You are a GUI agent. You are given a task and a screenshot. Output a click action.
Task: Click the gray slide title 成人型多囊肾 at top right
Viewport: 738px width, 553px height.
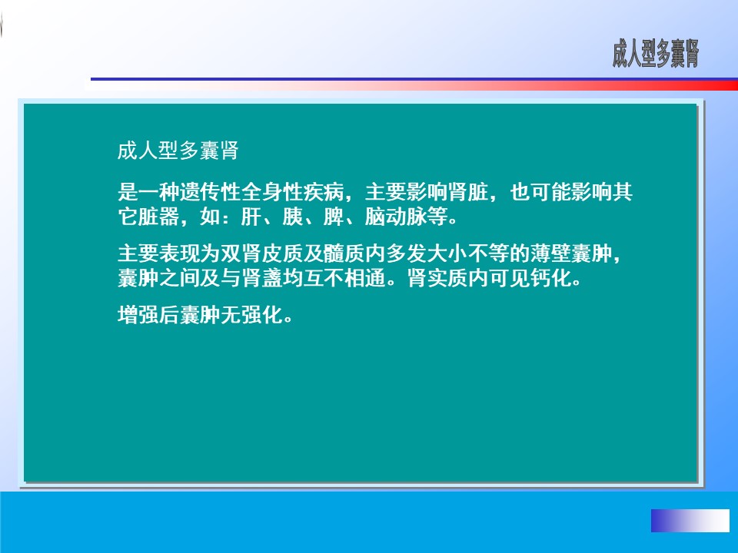(656, 54)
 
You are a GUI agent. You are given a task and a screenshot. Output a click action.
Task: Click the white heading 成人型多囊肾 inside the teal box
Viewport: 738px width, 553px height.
(178, 151)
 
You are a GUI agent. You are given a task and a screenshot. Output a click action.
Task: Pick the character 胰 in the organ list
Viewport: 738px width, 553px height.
(293, 217)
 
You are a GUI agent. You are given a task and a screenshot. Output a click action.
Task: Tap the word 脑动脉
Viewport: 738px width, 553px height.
(396, 217)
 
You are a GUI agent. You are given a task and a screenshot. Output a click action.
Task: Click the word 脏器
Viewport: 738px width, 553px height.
(158, 217)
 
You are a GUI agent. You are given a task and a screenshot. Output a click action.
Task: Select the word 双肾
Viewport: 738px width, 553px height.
(241, 253)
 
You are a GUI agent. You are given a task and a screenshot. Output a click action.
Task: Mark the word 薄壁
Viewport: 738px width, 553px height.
(551, 253)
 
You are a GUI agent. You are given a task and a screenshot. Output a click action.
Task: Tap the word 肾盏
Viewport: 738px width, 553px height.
(262, 278)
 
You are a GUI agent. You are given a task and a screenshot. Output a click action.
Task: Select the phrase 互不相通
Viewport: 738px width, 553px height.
(344, 278)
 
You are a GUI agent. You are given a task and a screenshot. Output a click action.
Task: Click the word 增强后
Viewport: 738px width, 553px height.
(148, 315)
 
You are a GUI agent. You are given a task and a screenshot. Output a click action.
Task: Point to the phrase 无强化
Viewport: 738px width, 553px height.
(252, 315)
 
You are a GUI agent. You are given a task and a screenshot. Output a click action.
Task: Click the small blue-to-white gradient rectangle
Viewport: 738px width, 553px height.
(690, 521)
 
